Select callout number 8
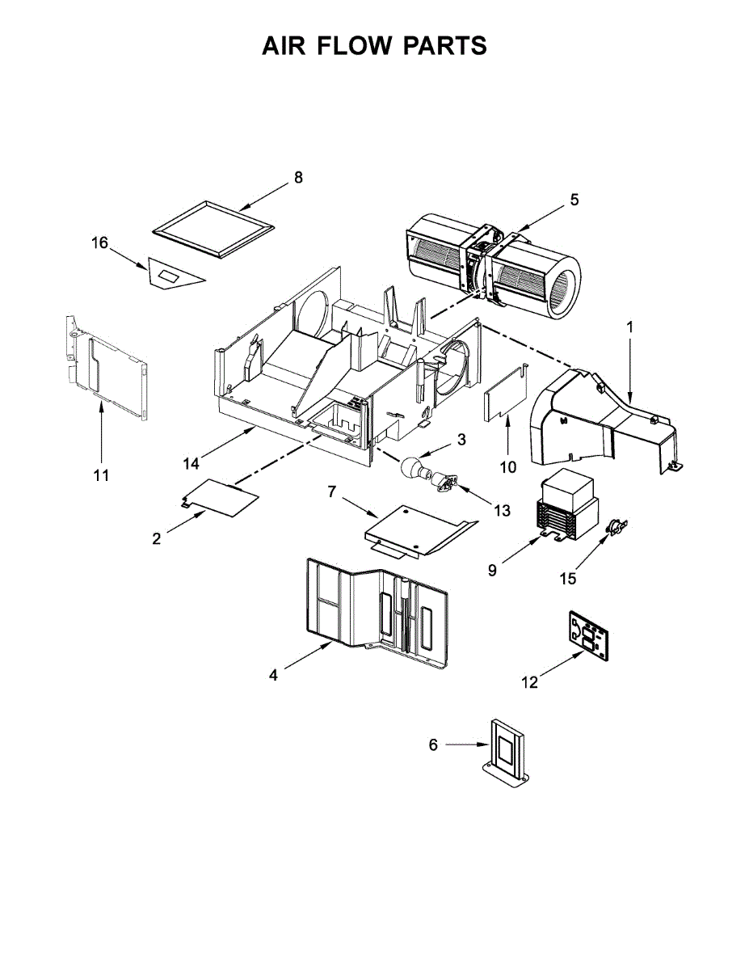[298, 178]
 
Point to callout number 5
[574, 200]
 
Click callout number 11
[101, 475]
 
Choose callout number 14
[191, 463]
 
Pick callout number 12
[529, 683]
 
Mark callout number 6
[433, 744]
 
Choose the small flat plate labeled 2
[218, 496]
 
